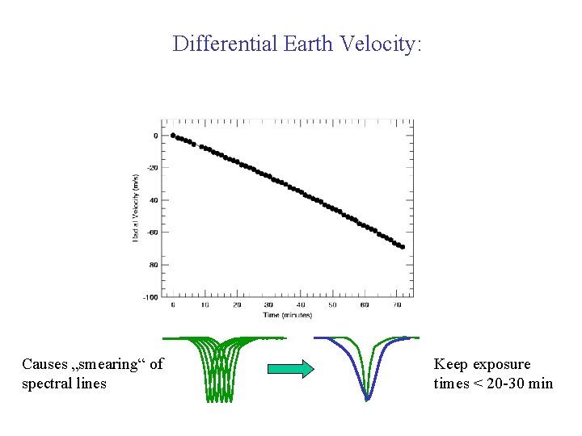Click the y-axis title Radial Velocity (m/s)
pos(135,208)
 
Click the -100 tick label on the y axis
pos(150,297)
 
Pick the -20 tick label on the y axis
pos(151,168)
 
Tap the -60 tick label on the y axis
pos(151,233)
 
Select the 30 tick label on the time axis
pos(268,305)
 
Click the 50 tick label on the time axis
pos(332,305)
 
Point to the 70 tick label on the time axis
pos(396,305)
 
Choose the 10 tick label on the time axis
pos(205,305)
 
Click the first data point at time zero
pos(173,136)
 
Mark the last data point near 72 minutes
pos(403,247)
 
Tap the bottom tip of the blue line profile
pos(367,399)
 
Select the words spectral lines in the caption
pos(64,384)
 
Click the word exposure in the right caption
pos(499,364)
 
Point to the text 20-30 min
pos(513,384)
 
